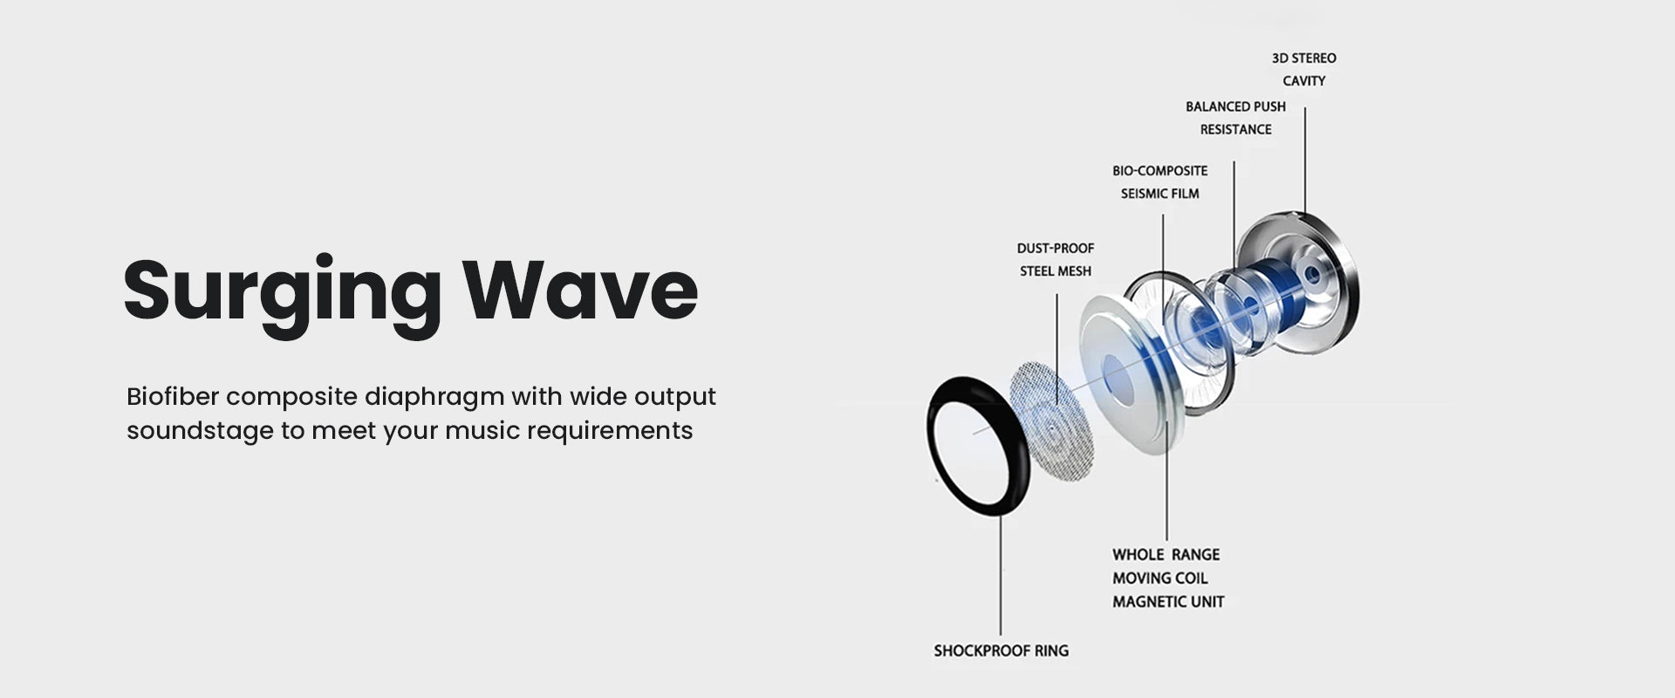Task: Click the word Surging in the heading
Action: pyautogui.click(x=282, y=292)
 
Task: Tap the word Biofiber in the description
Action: pyautogui.click(x=172, y=396)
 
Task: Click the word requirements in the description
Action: pyautogui.click(x=610, y=432)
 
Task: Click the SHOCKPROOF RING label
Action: pyautogui.click(x=1001, y=651)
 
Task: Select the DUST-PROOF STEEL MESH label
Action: pyautogui.click(x=1056, y=260)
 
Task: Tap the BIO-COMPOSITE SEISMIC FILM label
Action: pyautogui.click(x=1160, y=182)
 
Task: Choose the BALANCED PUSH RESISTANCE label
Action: pyautogui.click(x=1235, y=118)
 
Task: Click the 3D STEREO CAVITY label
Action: pyautogui.click(x=1304, y=70)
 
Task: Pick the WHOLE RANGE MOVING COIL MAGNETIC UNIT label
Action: pyautogui.click(x=1168, y=578)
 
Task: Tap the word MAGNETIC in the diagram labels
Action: pyautogui.click(x=1142, y=602)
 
